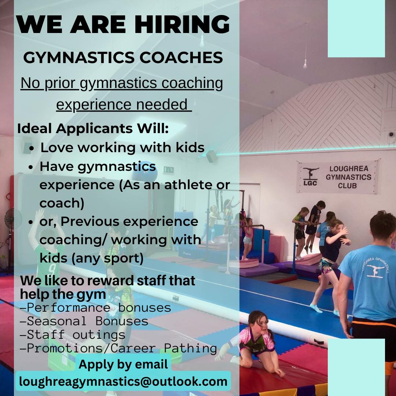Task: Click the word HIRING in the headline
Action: (182, 24)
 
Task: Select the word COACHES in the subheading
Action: (181, 57)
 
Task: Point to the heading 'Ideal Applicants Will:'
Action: (93, 128)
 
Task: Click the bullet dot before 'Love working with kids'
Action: (32, 148)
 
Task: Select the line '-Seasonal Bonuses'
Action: (84, 321)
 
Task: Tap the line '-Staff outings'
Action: (73, 335)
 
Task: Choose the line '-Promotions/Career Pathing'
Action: (118, 349)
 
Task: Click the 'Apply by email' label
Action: (123, 364)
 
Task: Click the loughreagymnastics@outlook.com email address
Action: (123, 382)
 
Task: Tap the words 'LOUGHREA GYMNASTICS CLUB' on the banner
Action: (349, 177)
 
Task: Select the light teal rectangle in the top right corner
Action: (356, 29)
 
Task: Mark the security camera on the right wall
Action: (391, 134)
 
